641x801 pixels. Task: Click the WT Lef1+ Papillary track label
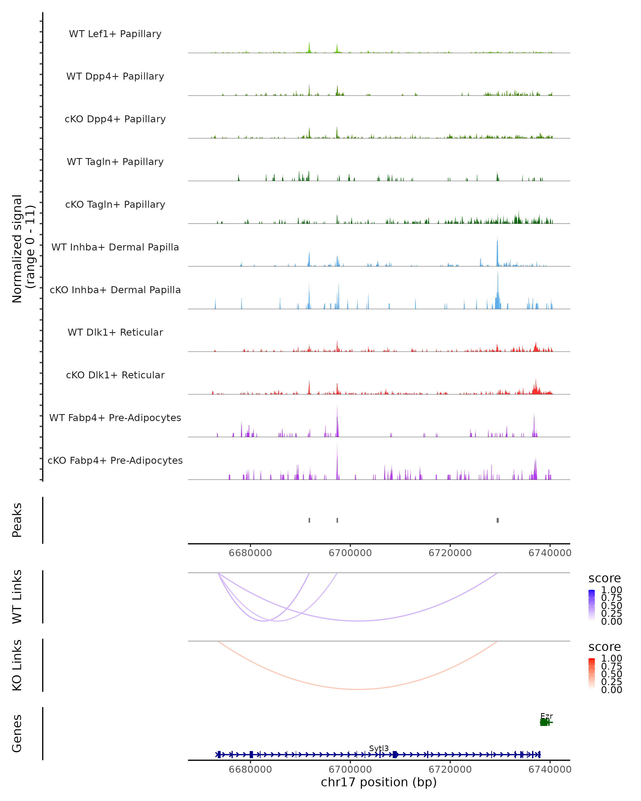[115, 34]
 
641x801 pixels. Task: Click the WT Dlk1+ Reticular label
[115, 332]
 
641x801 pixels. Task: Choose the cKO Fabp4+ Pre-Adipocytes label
[115, 460]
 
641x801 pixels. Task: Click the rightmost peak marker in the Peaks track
[498, 520]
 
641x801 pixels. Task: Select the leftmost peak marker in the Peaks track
[309, 520]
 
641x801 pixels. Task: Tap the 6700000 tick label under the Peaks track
[350, 553]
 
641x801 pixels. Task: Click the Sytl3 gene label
[379, 748]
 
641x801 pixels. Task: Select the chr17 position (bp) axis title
[379, 782]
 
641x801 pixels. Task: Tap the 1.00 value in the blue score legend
[611, 590]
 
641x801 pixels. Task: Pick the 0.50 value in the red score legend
[611, 674]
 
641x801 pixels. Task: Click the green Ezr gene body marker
[544, 722]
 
